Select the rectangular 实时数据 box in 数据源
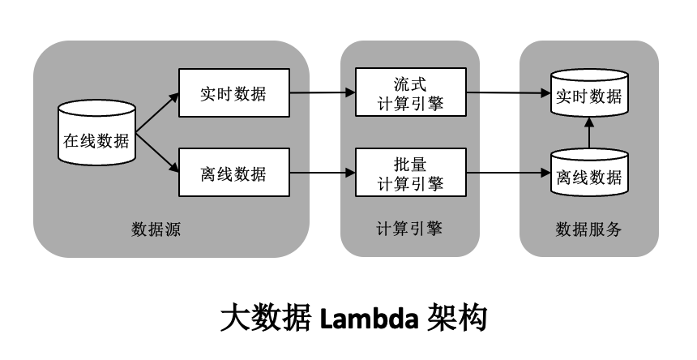[x=233, y=92]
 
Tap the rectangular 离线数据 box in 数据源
[x=233, y=173]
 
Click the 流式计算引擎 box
[x=411, y=92]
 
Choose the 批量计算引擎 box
[x=411, y=173]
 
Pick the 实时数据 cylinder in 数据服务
[x=589, y=96]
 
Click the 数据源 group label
[x=156, y=229]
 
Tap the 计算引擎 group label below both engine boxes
[x=410, y=229]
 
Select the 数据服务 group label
[x=588, y=229]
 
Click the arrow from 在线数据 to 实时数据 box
[x=157, y=113]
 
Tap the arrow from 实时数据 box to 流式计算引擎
[x=323, y=92]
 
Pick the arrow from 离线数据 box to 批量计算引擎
[x=323, y=173]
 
